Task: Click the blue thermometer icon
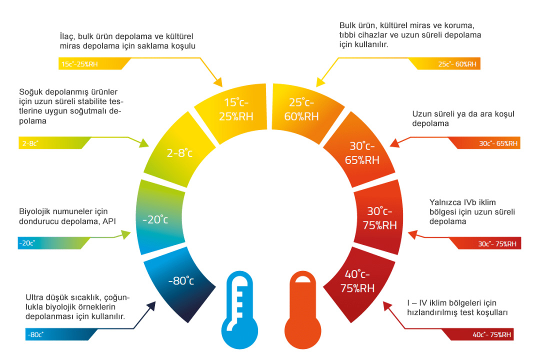tap(239, 310)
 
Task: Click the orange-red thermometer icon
tap(303, 310)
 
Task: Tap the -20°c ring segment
tap(159, 217)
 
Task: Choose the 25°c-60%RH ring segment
tap(303, 109)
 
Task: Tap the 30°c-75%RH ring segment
tap(379, 217)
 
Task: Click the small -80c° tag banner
tap(58, 334)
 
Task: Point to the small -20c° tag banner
tap(51, 243)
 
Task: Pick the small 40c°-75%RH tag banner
tap(478, 334)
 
